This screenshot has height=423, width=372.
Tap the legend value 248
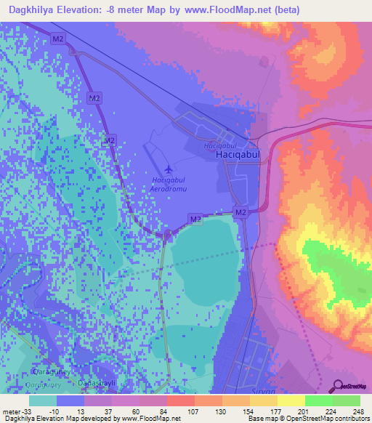pos(360,411)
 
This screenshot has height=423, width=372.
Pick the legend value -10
pos(54,411)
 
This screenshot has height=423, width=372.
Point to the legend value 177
pos(275,411)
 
